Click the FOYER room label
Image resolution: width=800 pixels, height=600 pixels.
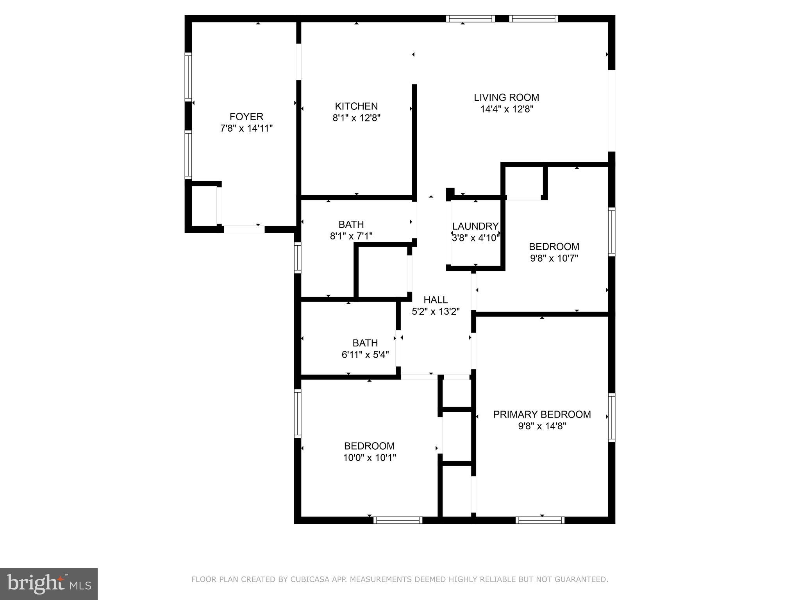point(246,116)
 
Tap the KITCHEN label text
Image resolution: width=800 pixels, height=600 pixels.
point(356,106)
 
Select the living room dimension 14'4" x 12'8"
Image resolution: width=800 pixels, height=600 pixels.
point(506,109)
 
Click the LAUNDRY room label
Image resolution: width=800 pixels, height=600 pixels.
point(475,226)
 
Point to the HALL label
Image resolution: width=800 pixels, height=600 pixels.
point(435,300)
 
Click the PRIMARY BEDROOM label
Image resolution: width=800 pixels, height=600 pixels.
point(541,414)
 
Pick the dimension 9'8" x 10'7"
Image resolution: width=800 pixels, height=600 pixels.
point(554,258)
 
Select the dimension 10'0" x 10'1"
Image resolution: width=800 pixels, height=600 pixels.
point(369,457)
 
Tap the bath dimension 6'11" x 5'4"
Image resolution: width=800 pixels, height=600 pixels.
point(365,355)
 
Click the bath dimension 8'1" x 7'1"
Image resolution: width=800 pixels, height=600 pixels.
point(351,236)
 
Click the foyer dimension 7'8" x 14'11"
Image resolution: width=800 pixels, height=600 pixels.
point(246,128)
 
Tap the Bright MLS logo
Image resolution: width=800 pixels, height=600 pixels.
point(48,584)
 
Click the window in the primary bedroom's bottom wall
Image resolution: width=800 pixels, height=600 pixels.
point(539,520)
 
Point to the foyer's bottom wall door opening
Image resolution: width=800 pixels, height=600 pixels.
point(244,229)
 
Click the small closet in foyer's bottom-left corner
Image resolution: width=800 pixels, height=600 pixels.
point(204,206)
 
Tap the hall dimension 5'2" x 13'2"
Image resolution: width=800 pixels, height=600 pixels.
point(435,312)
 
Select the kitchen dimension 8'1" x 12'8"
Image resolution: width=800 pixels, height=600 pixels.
point(356,118)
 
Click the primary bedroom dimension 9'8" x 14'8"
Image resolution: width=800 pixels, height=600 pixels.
point(541,426)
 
